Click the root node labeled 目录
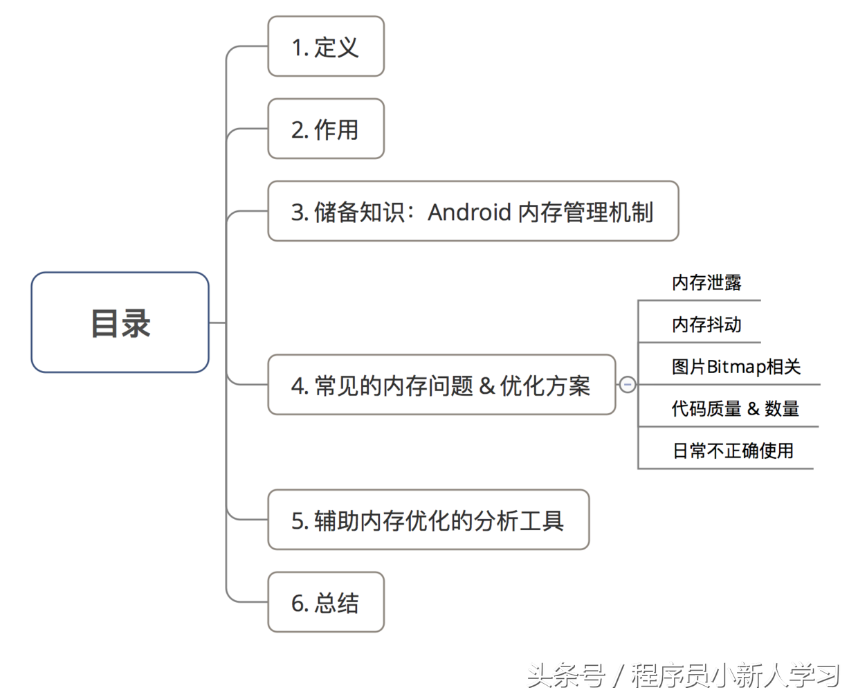(120, 323)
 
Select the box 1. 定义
(325, 47)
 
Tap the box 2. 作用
(325, 129)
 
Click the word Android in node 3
(469, 212)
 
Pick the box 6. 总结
(325, 602)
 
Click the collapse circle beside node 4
(627, 384)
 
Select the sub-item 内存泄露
(706, 282)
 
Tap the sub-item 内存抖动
(706, 325)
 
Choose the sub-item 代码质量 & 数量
(735, 409)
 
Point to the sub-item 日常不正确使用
(732, 451)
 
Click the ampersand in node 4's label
(486, 385)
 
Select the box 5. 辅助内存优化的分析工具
(428, 520)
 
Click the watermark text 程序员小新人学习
(735, 675)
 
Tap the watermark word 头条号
(566, 675)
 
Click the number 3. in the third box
(299, 212)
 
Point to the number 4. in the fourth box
(299, 386)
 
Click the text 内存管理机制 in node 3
(585, 212)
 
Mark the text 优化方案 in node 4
(545, 385)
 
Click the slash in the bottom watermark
(618, 675)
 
